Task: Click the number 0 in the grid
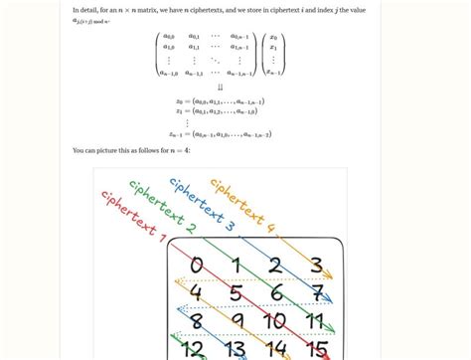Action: click(197, 266)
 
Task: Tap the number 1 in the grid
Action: click(235, 266)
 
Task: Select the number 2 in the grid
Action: click(275, 266)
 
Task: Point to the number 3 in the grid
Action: click(316, 266)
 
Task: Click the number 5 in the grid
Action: click(235, 293)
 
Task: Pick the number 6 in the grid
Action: click(275, 293)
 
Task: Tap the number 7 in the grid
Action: click(315, 293)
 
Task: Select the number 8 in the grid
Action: click(197, 321)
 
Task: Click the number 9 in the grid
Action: click(235, 321)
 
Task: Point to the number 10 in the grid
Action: click(275, 321)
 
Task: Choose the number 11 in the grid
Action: click(315, 321)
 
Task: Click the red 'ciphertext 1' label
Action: click(133, 215)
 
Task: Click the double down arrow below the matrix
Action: click(221, 87)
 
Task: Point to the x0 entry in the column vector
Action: click(273, 37)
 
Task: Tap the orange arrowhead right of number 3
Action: click(329, 276)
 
